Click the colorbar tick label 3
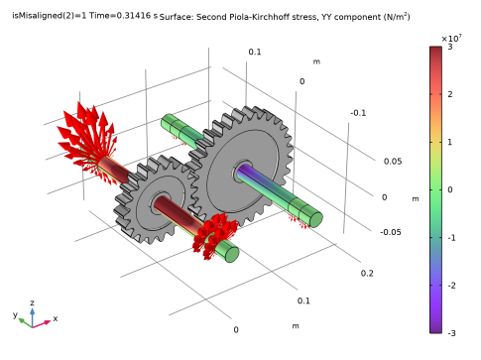[x=450, y=47]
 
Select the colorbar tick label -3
[x=452, y=333]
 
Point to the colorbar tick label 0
[x=450, y=189]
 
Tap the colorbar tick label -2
[x=452, y=286]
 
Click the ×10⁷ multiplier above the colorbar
[x=451, y=39]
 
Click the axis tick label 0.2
[x=367, y=273]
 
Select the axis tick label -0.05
[x=391, y=232]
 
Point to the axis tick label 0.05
[x=393, y=162]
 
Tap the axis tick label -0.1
[x=358, y=113]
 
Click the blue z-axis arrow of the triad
[x=32, y=316]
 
